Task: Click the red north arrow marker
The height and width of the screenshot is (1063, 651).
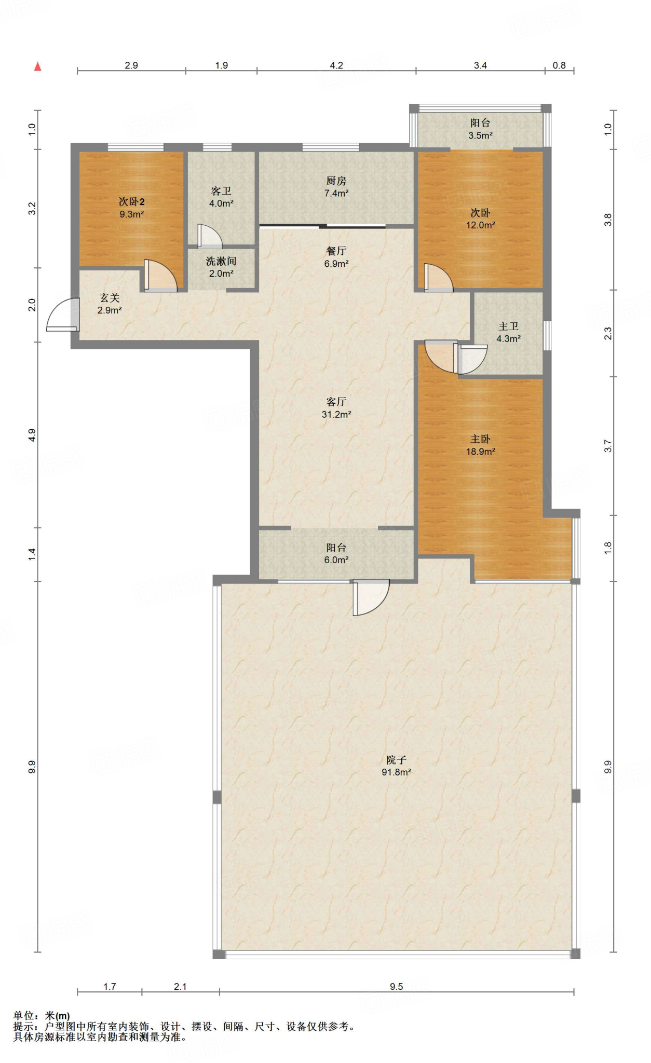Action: pos(37,66)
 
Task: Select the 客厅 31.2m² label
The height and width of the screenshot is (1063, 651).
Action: pos(336,408)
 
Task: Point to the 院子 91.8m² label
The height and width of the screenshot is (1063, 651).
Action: pos(396,766)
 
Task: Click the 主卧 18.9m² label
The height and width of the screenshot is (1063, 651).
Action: pos(480,445)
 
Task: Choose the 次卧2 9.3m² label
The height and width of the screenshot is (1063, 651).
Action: pos(131,208)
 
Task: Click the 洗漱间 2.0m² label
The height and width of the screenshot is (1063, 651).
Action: pos(221,267)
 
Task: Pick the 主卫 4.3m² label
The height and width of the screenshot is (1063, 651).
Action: pos(508,332)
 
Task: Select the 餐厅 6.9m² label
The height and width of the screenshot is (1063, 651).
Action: pos(336,257)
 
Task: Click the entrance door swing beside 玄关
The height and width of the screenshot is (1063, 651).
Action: pos(63,315)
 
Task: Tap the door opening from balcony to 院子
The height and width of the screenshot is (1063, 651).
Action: pos(371,597)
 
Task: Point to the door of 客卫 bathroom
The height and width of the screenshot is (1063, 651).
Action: pos(210,236)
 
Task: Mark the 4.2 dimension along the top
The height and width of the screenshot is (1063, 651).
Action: pos(336,65)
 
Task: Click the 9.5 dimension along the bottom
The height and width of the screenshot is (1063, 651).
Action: pos(396,987)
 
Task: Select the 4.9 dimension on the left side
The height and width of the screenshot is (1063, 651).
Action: pos(32,435)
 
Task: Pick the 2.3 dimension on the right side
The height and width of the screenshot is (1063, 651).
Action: pos(608,333)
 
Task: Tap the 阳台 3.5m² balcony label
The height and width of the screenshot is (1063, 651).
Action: pos(480,129)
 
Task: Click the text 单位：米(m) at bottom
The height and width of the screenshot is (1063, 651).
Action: pos(42,1016)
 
